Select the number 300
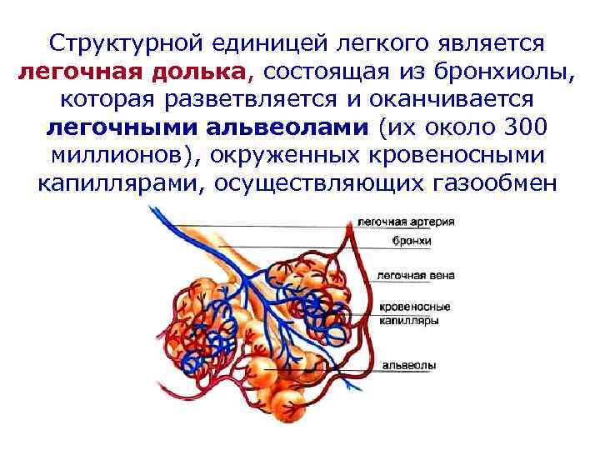(527, 129)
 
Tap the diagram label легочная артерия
(405, 222)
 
